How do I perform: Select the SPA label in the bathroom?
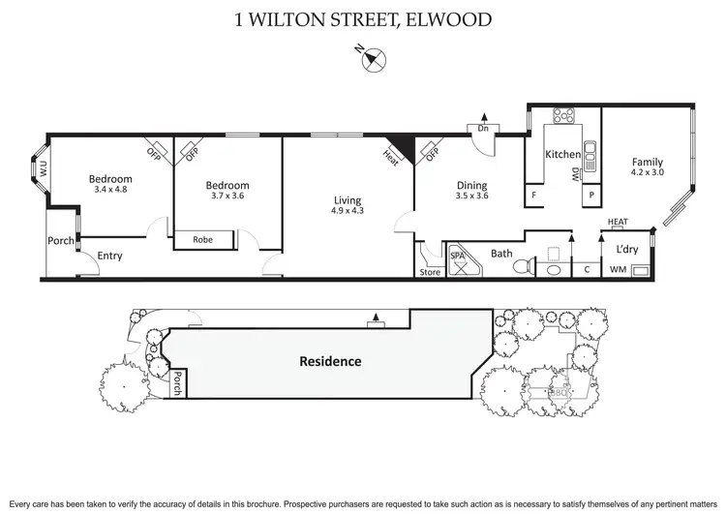pyautogui.click(x=458, y=254)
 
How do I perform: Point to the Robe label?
pyautogui.click(x=202, y=239)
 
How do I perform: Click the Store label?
pyautogui.click(x=430, y=272)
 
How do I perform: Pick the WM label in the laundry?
pyautogui.click(x=618, y=271)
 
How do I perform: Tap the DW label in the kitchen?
pyautogui.click(x=575, y=170)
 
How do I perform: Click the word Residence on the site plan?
pyautogui.click(x=329, y=361)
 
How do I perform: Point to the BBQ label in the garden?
pyautogui.click(x=558, y=392)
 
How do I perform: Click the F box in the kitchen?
pyautogui.click(x=533, y=195)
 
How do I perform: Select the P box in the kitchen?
pyautogui.click(x=589, y=195)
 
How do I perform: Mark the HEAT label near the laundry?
pyautogui.click(x=618, y=222)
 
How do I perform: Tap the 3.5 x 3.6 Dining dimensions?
pyautogui.click(x=473, y=197)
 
